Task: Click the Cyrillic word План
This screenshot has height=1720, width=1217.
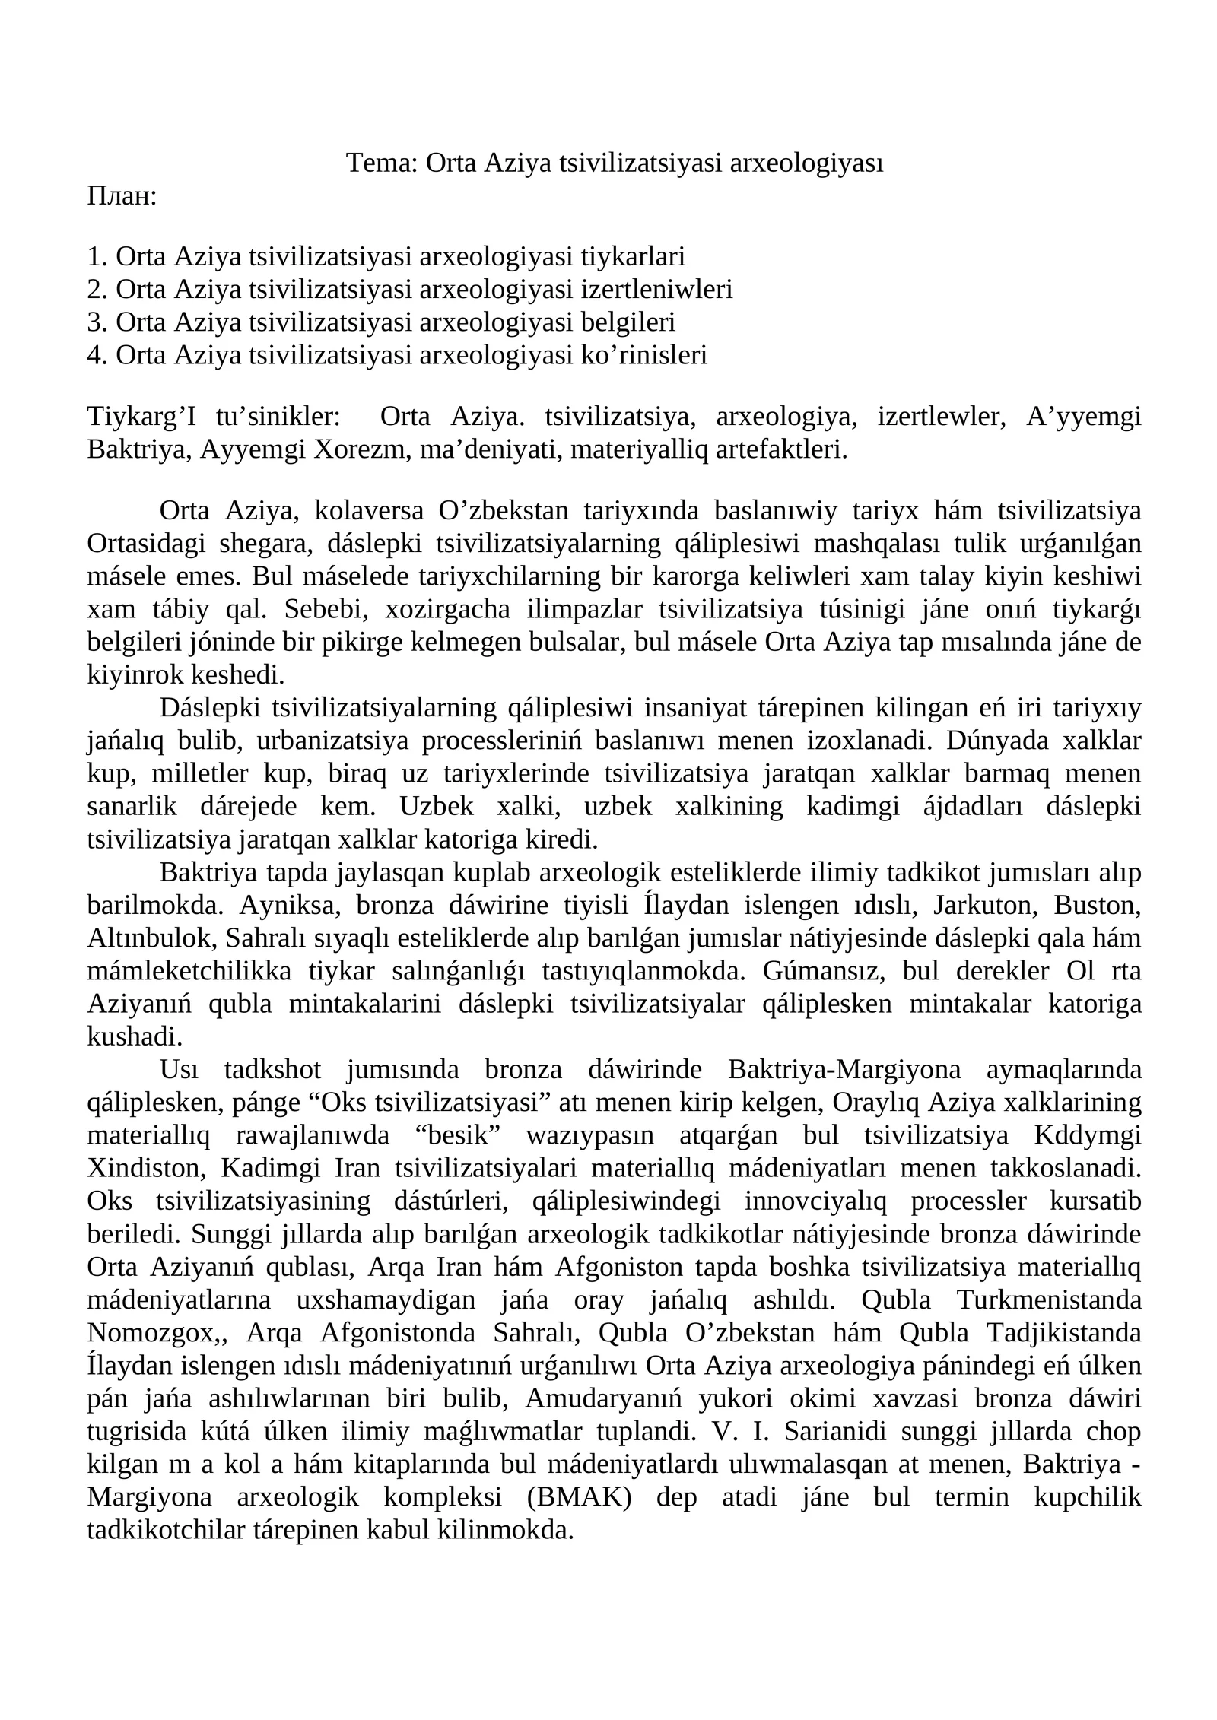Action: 122,196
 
